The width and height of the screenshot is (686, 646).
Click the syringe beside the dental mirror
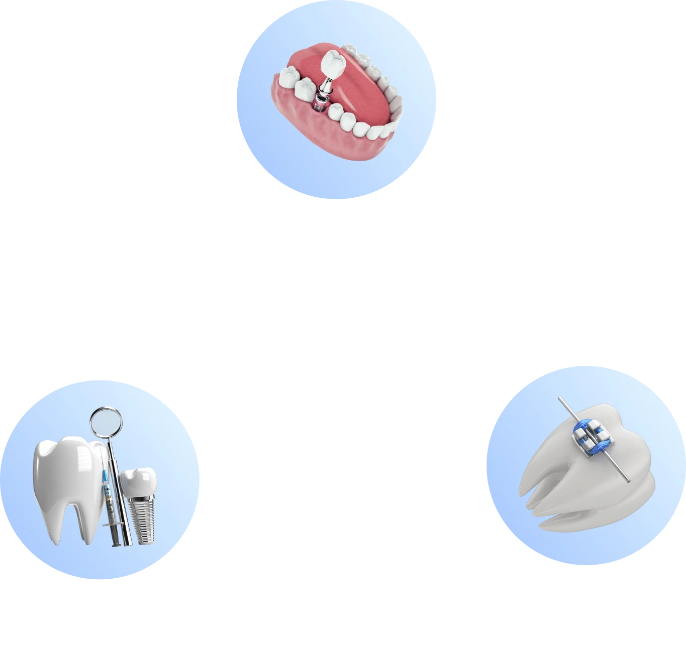point(108,497)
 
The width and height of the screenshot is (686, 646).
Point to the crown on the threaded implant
point(138,481)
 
